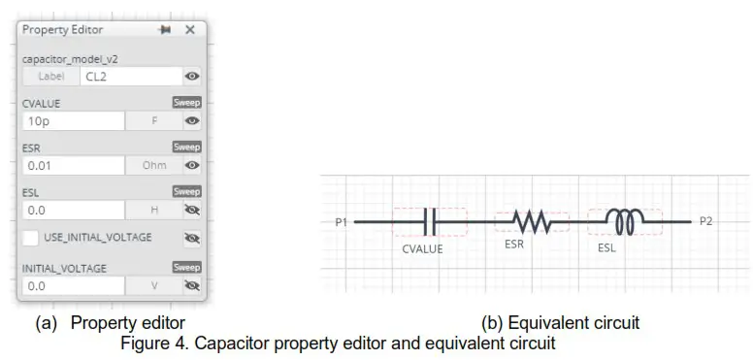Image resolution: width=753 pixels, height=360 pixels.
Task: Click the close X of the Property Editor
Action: pyautogui.click(x=190, y=30)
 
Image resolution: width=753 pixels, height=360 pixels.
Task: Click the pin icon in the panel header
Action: pyautogui.click(x=164, y=30)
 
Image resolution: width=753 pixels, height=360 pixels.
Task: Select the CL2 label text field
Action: pyautogui.click(x=131, y=76)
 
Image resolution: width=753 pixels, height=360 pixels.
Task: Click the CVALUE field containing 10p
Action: pyautogui.click(x=73, y=121)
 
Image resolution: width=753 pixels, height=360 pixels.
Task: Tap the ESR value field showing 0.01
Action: pyautogui.click(x=73, y=165)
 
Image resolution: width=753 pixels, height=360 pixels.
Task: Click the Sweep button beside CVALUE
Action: pyautogui.click(x=186, y=102)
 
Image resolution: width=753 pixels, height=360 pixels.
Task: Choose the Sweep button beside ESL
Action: pyautogui.click(x=186, y=191)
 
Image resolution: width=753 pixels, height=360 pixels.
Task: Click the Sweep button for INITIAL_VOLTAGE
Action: pyautogui.click(x=186, y=267)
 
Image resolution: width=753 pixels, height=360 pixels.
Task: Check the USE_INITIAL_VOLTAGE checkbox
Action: pyautogui.click(x=31, y=237)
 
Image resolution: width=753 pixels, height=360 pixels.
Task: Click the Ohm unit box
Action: pyautogui.click(x=154, y=165)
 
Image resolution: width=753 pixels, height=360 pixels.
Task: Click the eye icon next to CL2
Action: pyautogui.click(x=192, y=76)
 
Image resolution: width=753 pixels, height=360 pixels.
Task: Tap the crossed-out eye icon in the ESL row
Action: pyautogui.click(x=192, y=210)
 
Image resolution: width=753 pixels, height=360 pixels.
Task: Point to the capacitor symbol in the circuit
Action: pyautogui.click(x=430, y=222)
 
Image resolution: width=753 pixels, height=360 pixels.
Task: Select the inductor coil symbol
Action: pyautogui.click(x=622, y=222)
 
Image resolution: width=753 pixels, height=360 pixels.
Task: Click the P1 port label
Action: pyautogui.click(x=341, y=222)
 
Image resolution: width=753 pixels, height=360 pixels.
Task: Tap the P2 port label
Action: pyautogui.click(x=707, y=222)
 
